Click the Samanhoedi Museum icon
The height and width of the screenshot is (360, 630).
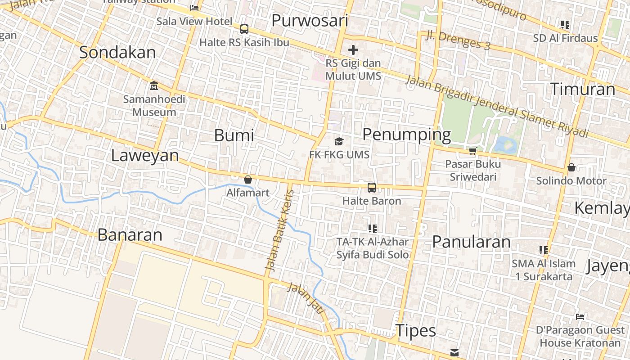point(154,85)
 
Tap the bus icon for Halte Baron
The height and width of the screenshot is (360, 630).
point(372,188)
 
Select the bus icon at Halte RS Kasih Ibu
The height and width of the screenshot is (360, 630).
point(244,29)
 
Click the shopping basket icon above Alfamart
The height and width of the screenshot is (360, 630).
point(247,180)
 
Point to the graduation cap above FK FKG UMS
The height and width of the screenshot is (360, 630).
point(339,142)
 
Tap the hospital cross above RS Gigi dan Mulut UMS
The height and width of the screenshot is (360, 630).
point(353,50)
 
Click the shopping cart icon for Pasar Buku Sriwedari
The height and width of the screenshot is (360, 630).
point(472,151)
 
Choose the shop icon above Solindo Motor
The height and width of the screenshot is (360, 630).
point(571,167)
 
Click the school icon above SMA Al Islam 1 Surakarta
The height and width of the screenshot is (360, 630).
point(544,250)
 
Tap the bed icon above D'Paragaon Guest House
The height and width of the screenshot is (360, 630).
point(580,317)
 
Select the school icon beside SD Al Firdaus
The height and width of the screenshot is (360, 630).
point(565,25)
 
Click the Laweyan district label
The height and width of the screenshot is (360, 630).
point(145,156)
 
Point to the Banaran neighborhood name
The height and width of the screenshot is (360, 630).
point(130,235)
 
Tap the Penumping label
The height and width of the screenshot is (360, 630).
point(406,134)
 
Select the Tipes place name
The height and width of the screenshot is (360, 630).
point(416,331)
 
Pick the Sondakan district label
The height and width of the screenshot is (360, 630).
point(117,52)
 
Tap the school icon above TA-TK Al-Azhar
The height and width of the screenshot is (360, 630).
point(372,229)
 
